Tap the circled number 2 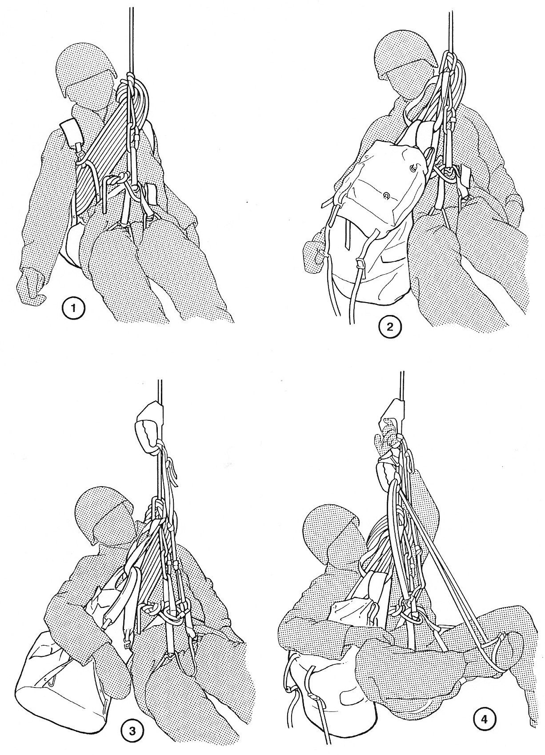coord(389,327)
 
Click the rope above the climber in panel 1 coord(130,37)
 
